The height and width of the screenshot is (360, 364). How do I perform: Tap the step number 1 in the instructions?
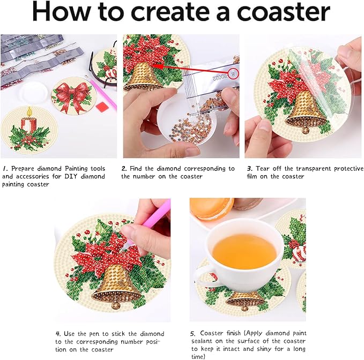4,168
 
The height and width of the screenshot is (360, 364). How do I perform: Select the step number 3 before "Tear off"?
249,168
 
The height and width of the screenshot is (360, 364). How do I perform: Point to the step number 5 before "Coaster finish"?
193,333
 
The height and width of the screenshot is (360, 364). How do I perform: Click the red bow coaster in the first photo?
71,95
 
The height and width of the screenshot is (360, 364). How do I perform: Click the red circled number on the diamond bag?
232,72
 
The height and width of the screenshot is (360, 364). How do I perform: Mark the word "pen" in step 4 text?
95,333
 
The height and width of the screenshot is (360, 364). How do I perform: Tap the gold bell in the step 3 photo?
304,110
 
